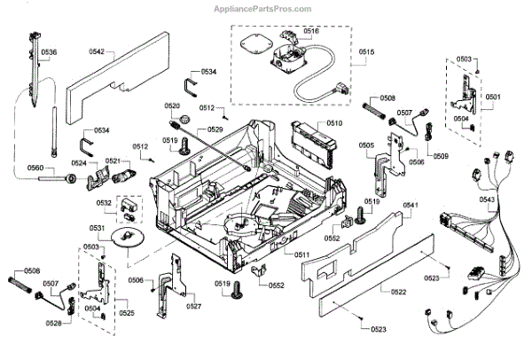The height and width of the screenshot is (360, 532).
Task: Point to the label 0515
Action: pos(367,52)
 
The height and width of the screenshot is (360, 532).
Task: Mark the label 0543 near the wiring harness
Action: pos(488,200)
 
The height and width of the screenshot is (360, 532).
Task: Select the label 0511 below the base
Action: pos(302,254)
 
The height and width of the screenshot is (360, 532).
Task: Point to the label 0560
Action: pos(35,167)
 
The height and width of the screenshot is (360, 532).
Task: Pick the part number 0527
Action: pos(194,306)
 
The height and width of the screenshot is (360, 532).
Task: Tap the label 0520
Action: pos(172,106)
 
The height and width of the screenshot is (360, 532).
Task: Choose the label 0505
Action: pos(365,145)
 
